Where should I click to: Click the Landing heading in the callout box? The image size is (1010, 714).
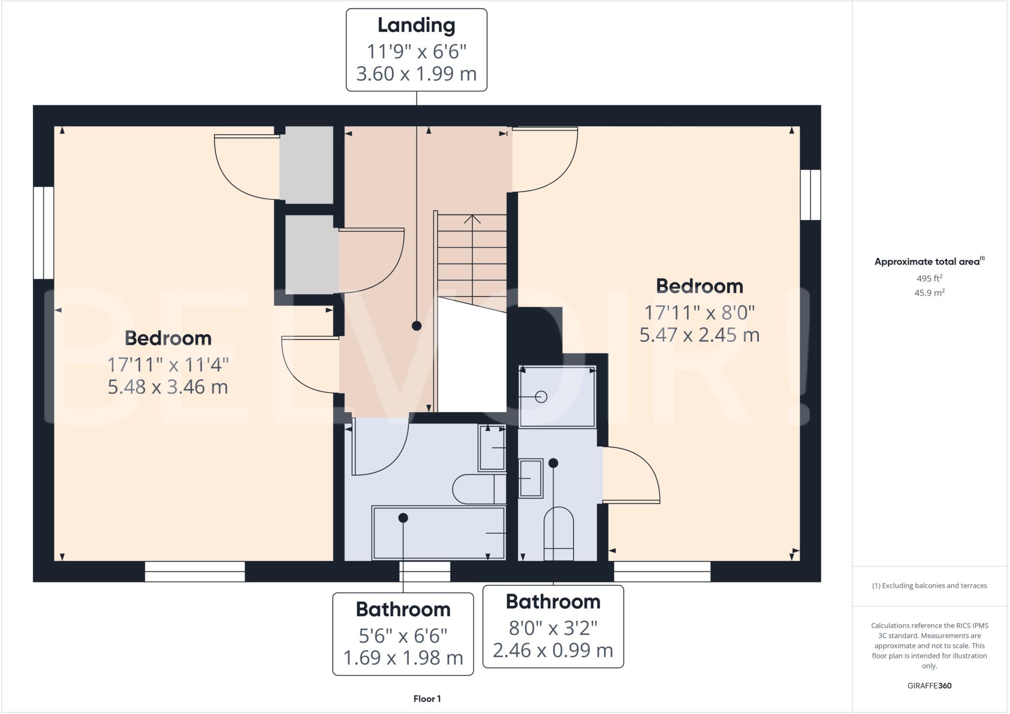click(416, 26)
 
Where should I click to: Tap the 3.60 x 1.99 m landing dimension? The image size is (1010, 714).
click(416, 74)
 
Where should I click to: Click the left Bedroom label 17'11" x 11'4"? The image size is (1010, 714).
click(168, 365)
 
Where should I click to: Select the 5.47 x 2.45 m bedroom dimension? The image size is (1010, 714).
click(699, 335)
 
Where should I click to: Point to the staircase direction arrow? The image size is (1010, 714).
click(472, 219)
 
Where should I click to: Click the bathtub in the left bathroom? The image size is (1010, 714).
click(438, 533)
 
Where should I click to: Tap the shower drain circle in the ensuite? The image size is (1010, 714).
click(541, 397)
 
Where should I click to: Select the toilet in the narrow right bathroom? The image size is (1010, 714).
click(558, 534)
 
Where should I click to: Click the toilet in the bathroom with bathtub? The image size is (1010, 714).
click(478, 489)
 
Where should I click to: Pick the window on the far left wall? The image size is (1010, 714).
click(43, 232)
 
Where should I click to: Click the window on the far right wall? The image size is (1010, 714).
click(810, 195)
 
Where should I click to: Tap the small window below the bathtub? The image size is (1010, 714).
click(425, 571)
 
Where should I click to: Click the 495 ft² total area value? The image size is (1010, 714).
click(929, 278)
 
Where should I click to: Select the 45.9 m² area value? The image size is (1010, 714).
click(929, 293)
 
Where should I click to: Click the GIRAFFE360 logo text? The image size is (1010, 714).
click(929, 685)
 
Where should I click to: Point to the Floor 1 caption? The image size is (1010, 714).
click(427, 699)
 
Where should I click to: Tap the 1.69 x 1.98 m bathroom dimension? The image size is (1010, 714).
click(403, 658)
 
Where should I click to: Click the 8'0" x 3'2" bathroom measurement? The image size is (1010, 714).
click(553, 628)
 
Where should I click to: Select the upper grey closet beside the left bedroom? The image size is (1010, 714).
click(306, 164)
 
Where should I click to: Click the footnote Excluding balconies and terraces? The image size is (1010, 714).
click(929, 586)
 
